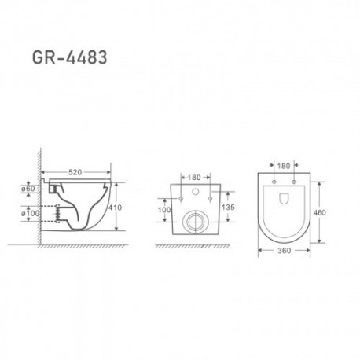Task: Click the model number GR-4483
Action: point(69,57)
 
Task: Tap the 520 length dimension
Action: point(75,172)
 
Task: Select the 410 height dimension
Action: point(115,208)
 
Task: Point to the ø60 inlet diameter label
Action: point(28,189)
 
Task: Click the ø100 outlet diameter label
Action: point(30,213)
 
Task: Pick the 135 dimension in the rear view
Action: point(228,207)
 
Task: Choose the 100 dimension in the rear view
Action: point(164,210)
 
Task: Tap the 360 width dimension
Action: point(284,251)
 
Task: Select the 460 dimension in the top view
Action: point(319,212)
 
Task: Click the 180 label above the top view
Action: point(284,166)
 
